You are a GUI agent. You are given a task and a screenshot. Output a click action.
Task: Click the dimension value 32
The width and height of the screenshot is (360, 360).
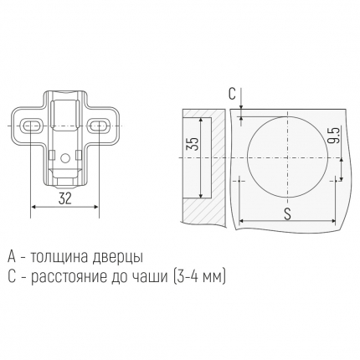tap(64, 198)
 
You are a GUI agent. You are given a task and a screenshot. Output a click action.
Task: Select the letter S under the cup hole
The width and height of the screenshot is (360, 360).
tap(287, 213)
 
